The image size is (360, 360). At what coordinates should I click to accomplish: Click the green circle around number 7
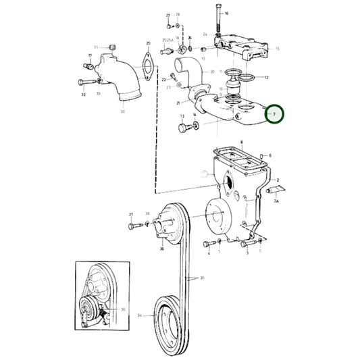pos(275,115)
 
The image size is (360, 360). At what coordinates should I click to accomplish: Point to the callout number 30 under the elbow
pos(122,111)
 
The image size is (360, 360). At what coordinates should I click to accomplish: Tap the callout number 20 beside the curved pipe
pos(212,72)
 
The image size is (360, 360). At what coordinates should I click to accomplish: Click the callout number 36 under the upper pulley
pos(161,248)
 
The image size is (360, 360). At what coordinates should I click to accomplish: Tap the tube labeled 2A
pos(278,191)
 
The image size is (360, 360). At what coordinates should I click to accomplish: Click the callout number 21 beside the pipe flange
pos(178,103)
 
